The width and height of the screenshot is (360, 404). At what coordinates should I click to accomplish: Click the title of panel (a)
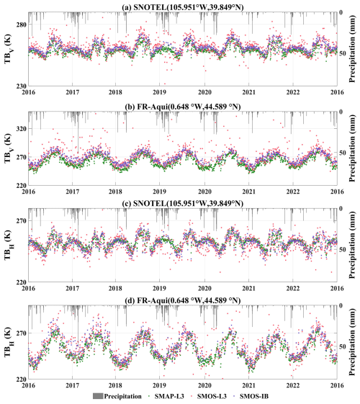coord(183,7)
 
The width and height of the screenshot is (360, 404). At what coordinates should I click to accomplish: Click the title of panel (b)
coord(183,107)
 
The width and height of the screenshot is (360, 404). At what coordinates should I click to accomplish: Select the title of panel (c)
coord(183,203)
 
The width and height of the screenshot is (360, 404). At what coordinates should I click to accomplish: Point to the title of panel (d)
coord(183,300)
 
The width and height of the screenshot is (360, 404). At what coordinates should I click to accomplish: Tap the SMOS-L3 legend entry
coord(209,396)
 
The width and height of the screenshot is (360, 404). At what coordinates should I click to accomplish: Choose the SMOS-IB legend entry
coord(251,396)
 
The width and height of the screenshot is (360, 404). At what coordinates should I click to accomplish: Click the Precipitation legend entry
coord(117,396)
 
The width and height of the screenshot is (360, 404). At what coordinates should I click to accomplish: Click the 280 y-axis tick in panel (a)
coord(21,24)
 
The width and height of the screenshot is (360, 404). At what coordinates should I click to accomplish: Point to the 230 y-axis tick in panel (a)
coord(21,86)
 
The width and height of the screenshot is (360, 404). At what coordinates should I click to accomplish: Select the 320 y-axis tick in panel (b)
coord(21,128)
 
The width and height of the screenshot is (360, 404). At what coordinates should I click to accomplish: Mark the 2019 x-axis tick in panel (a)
coord(159,92)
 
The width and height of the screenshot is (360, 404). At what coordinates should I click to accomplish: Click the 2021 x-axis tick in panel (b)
coord(248,192)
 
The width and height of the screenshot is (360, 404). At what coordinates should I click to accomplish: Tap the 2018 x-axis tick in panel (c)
coord(115,288)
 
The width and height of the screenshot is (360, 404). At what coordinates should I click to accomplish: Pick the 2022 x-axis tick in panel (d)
coord(293,385)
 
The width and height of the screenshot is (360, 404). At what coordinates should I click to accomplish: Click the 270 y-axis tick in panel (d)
coord(21,333)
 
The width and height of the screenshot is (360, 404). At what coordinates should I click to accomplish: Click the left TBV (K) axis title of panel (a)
coord(8,49)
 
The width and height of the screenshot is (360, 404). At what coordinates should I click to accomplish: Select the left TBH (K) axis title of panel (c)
coord(8,245)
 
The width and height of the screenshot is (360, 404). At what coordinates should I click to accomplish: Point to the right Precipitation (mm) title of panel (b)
coord(352,148)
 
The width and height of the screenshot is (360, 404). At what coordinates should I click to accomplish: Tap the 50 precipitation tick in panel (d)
coord(343,346)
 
